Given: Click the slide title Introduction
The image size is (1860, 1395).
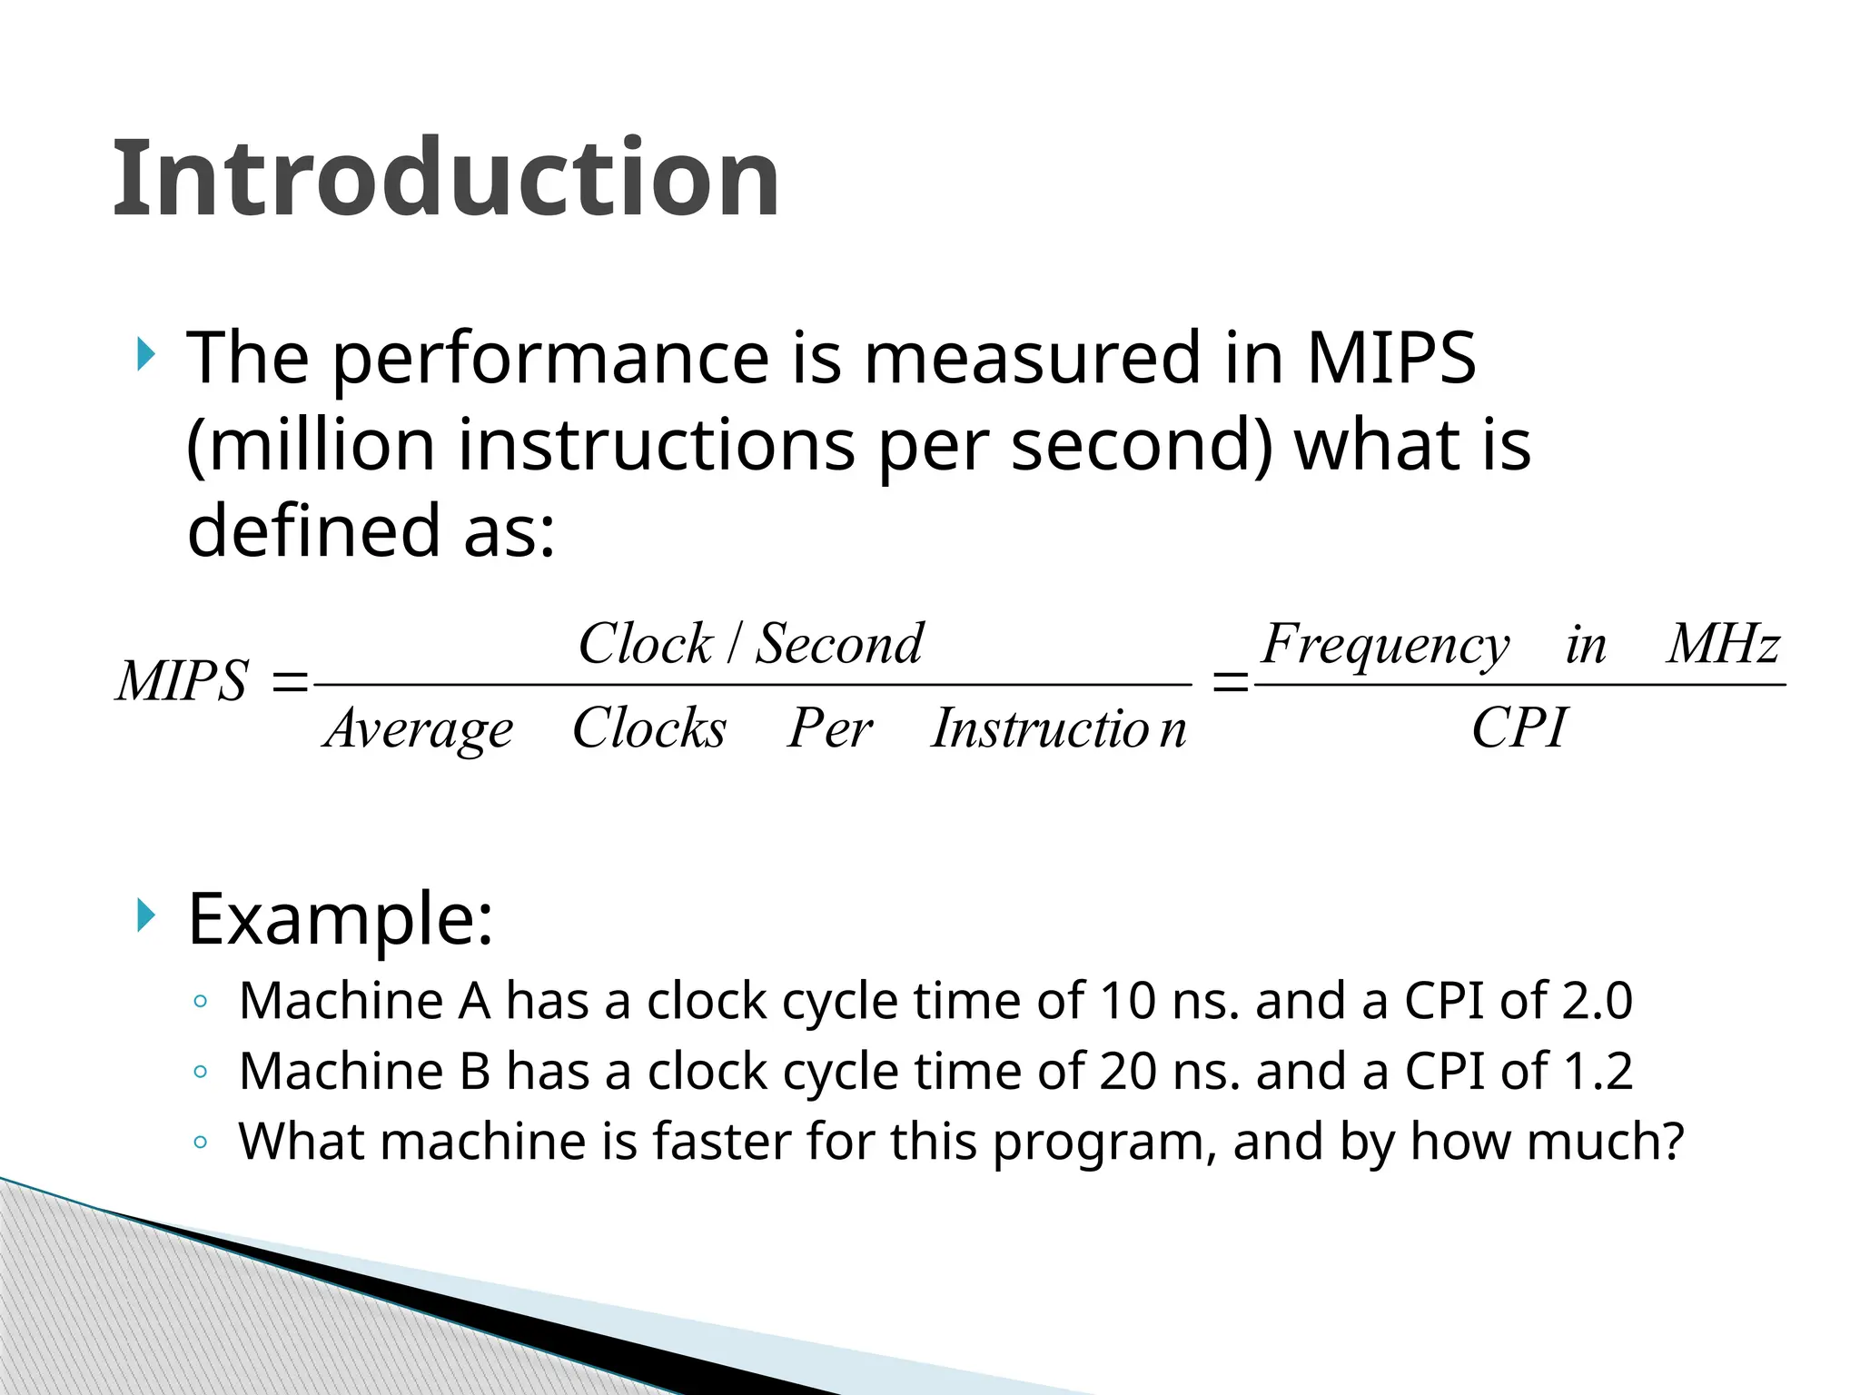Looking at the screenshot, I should coord(445,178).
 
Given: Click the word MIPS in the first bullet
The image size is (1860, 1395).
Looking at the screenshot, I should coord(1390,359).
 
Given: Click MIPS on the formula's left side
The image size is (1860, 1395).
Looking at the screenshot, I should coord(182,681).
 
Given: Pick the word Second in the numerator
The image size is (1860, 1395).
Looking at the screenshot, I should coord(839,644).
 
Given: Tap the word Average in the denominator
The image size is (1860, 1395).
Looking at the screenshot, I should coord(419,729).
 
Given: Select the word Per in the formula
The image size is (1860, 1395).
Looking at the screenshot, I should coord(829,728).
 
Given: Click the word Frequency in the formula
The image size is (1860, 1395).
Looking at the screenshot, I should coord(1385,646).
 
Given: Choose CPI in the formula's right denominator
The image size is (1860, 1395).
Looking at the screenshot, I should coord(1519,728).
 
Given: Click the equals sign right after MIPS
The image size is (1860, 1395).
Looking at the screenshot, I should coord(290,682).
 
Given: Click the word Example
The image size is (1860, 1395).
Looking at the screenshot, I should coord(341,920).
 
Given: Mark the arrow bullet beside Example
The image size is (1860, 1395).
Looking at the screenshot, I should coord(145,915).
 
